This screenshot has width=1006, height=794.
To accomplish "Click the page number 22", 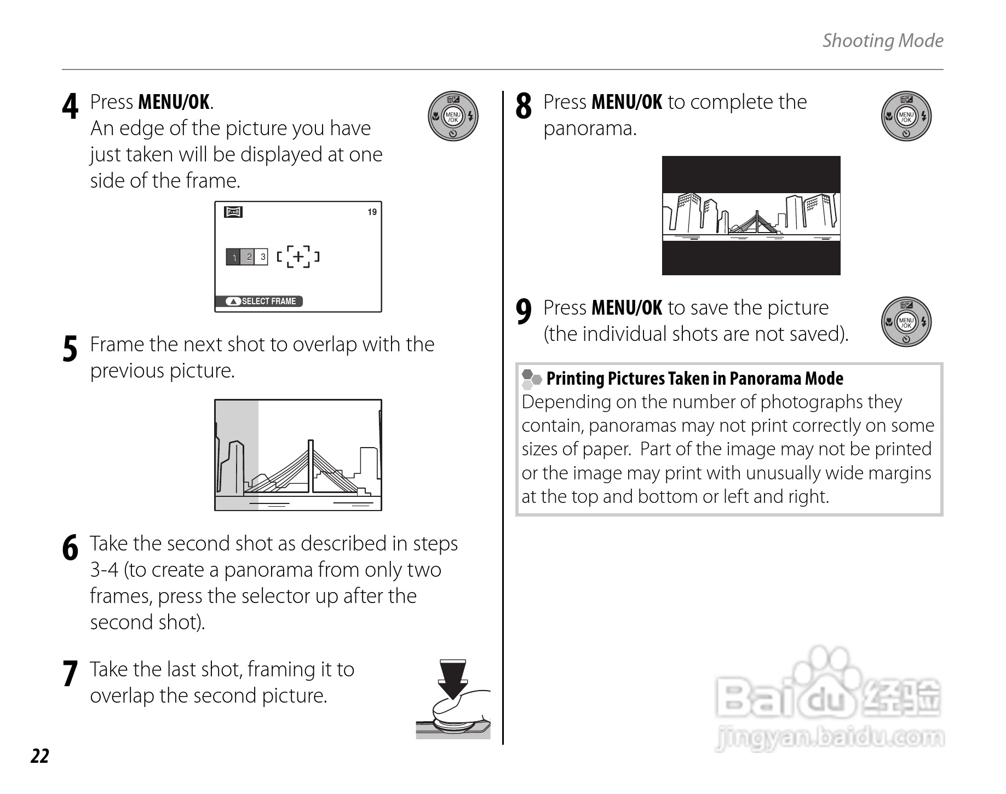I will pyautogui.click(x=40, y=756).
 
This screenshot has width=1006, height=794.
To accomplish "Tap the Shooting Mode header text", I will pyautogui.click(x=882, y=40).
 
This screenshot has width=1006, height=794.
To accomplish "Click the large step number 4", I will pyautogui.click(x=70, y=106).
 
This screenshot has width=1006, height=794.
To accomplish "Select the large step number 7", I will pyautogui.click(x=70, y=674).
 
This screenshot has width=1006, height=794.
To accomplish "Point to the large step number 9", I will pyautogui.click(x=524, y=312).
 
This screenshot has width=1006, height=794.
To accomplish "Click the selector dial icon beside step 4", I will pyautogui.click(x=453, y=117).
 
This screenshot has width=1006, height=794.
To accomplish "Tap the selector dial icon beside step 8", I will pyautogui.click(x=906, y=117).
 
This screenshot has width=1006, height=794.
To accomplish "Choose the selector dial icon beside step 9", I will pyautogui.click(x=906, y=322).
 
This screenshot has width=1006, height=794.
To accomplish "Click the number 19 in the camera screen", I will pyautogui.click(x=372, y=212).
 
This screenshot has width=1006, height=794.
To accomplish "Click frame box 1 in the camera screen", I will pyautogui.click(x=234, y=257).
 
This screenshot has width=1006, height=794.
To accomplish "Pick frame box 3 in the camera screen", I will pyautogui.click(x=262, y=257).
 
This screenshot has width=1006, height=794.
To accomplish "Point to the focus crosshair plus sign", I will pyautogui.click(x=298, y=256).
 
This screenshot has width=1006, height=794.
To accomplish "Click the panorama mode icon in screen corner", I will pyautogui.click(x=233, y=212).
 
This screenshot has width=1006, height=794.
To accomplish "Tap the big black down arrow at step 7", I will pyautogui.click(x=452, y=679).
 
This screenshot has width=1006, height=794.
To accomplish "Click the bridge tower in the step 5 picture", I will pyautogui.click(x=311, y=465).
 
